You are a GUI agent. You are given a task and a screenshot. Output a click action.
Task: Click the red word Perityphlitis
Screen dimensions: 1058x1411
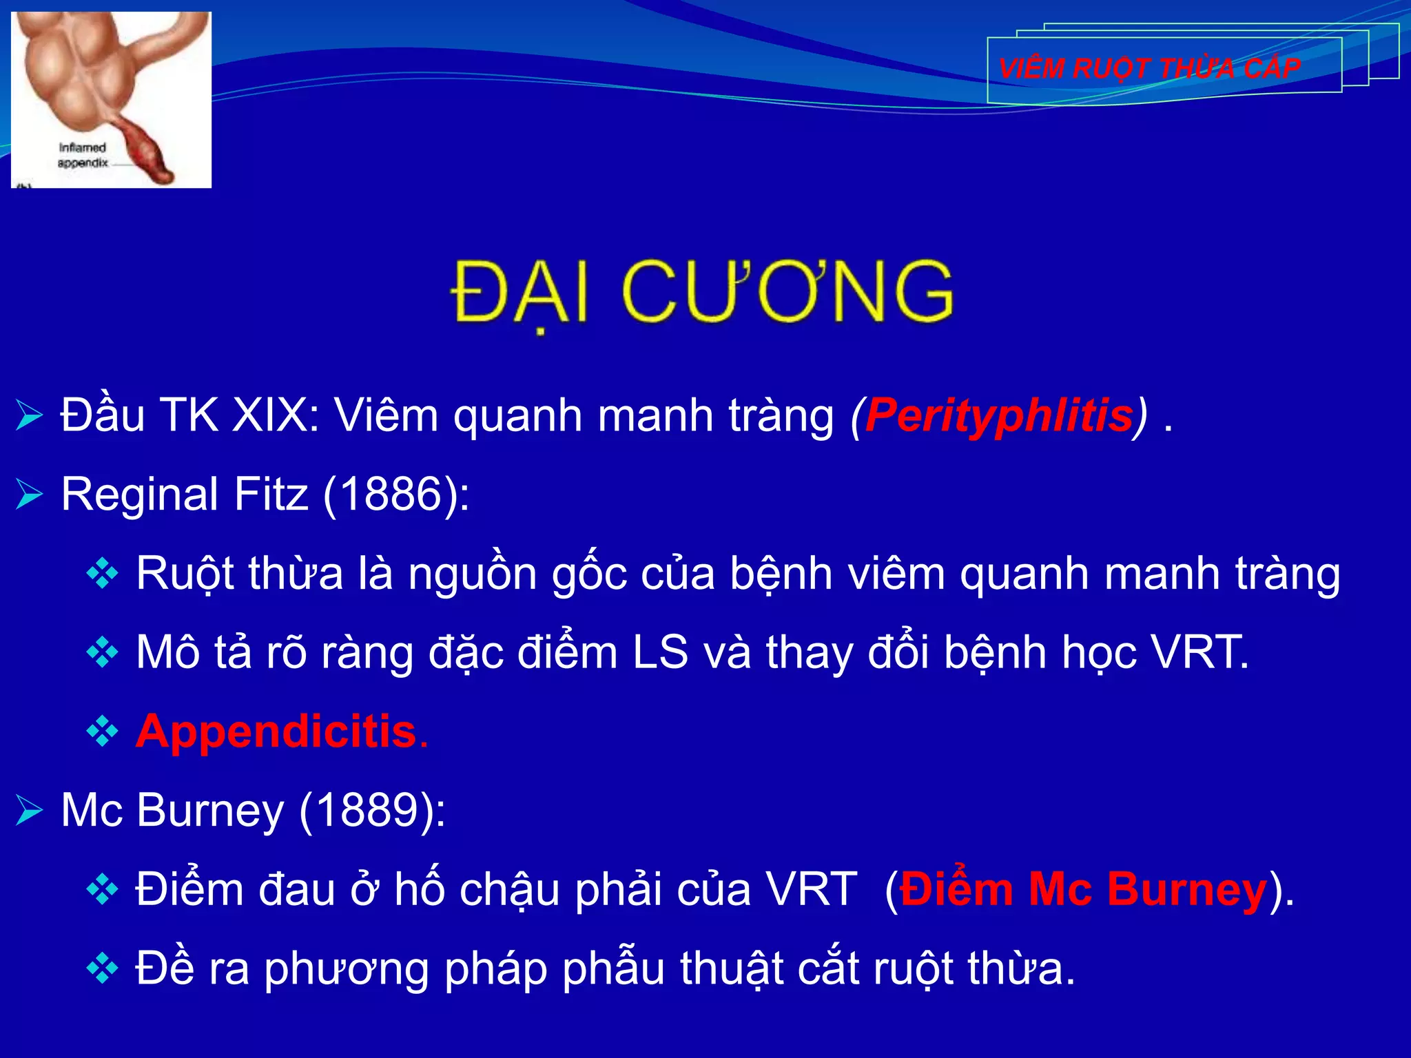coord(999,416)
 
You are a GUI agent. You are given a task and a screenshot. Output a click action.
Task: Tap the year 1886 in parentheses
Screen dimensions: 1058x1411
coord(391,495)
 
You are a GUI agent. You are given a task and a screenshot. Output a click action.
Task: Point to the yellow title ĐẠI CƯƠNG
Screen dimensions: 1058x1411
coord(703,292)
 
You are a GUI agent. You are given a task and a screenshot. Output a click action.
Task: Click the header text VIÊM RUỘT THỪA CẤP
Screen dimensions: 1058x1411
coord(1149,68)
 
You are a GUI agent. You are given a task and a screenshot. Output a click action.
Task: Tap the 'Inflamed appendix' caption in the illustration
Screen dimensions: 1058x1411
coord(83,156)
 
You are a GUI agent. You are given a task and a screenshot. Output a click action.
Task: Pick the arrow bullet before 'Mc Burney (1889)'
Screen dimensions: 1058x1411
coord(30,811)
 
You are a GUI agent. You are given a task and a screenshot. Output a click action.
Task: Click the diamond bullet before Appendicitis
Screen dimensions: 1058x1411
coord(103,732)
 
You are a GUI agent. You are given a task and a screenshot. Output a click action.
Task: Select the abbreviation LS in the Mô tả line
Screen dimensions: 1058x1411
coord(660,652)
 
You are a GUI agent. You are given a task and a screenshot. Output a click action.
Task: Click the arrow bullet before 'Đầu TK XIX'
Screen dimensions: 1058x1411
coord(30,416)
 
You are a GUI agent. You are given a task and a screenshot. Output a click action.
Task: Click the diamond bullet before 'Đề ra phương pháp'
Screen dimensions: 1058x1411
coord(103,969)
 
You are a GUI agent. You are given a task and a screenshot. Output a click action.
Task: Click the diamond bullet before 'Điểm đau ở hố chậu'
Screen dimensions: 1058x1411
coord(103,890)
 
